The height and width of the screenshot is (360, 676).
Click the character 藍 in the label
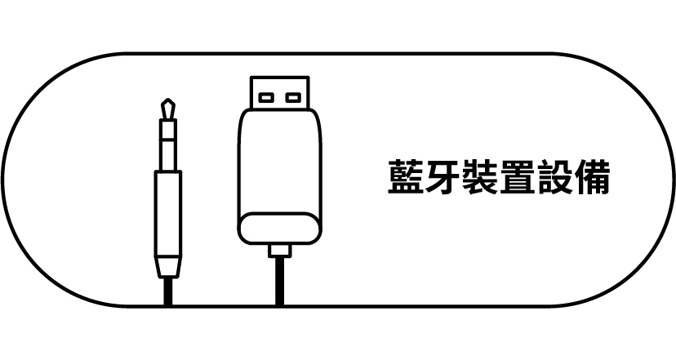406,179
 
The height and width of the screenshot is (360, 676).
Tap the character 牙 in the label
443,179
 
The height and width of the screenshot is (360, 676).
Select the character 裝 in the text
480,179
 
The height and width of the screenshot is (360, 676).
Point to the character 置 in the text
517,179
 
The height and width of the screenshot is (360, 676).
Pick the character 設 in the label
554,179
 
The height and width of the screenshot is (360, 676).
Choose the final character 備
592,179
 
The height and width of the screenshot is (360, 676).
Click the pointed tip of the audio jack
168,104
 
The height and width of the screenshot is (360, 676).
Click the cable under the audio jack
168,292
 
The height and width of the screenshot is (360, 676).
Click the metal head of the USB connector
278,94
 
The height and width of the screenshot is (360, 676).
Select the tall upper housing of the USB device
278,163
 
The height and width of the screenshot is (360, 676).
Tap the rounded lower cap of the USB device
278,229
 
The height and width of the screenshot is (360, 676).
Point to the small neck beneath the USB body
279,250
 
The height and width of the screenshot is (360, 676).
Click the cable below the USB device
279,282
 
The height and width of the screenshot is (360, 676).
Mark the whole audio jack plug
168,196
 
